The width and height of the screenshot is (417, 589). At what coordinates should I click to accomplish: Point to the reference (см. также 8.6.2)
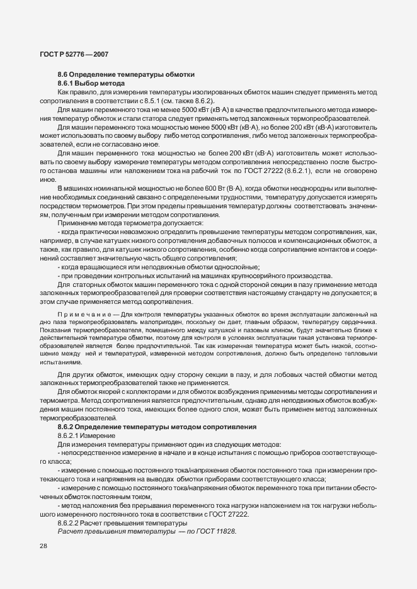pos(185,100)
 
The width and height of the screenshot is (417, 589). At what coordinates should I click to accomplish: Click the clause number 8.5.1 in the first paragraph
pos(144,100)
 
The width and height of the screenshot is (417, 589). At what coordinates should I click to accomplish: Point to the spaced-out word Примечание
pos(81,313)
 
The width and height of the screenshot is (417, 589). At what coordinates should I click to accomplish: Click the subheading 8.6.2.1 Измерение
pos(86,435)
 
